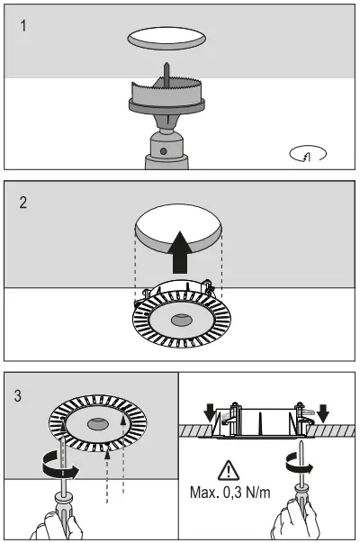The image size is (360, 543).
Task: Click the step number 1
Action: click(x=23, y=25)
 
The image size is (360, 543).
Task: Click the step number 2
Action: click(x=24, y=203)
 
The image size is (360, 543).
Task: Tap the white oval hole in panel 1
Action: click(x=166, y=38)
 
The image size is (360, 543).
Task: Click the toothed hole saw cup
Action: click(x=166, y=92)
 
